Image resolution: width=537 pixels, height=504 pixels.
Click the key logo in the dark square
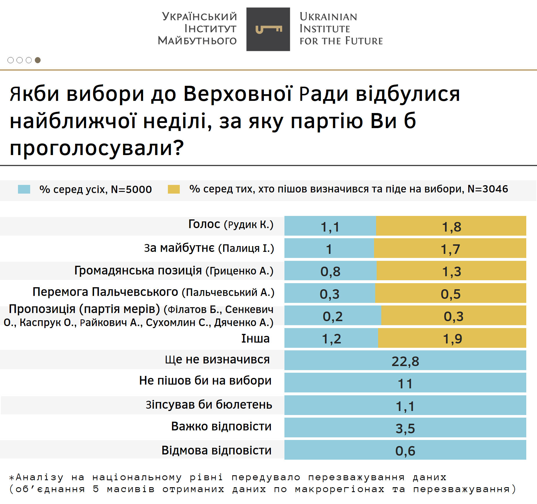pos(268,29)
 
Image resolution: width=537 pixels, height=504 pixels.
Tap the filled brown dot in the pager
pos(38,60)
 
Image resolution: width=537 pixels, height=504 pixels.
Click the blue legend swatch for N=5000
pos(24,189)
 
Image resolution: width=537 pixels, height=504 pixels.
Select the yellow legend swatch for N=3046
pos(174,189)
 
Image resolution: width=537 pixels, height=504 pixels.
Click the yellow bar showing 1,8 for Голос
pos(451,226)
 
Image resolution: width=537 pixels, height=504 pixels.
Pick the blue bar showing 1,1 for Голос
pos(330,226)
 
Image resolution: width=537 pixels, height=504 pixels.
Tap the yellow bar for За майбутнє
pos(450,248)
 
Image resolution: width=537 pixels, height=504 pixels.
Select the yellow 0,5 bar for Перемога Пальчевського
pos(450,293)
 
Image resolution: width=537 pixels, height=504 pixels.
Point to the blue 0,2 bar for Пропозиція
pos(333,316)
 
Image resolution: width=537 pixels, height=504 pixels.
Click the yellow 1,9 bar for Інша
pos(452,338)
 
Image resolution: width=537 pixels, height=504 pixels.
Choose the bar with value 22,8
pos(405,361)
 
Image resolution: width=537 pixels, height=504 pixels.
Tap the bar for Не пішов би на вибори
pos(405,383)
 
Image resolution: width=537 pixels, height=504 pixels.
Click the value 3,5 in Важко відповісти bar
pos(405,428)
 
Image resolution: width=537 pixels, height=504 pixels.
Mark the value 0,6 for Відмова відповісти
pos(405,450)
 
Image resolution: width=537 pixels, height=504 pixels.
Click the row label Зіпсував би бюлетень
pos(209,405)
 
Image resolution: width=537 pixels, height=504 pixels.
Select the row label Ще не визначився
pos(217,360)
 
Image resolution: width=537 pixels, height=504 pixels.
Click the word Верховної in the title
pos(238,94)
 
